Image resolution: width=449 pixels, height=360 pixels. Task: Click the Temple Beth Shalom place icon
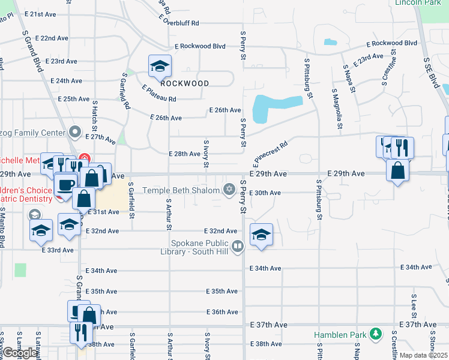tap(228, 190)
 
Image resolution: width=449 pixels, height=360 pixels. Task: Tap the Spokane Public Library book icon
tap(238, 246)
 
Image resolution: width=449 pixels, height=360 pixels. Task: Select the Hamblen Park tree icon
tap(376, 333)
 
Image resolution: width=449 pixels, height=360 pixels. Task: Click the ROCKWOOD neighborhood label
tap(185, 83)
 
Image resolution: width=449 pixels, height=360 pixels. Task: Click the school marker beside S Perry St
tap(261, 235)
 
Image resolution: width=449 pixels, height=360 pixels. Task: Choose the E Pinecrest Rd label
tap(270, 152)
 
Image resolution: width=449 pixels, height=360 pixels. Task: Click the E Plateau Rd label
tap(159, 94)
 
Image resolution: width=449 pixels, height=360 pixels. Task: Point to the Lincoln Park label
tap(418, 3)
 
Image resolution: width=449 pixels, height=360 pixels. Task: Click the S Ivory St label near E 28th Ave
tap(206, 151)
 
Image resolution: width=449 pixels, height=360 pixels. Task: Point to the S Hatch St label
tap(95, 116)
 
